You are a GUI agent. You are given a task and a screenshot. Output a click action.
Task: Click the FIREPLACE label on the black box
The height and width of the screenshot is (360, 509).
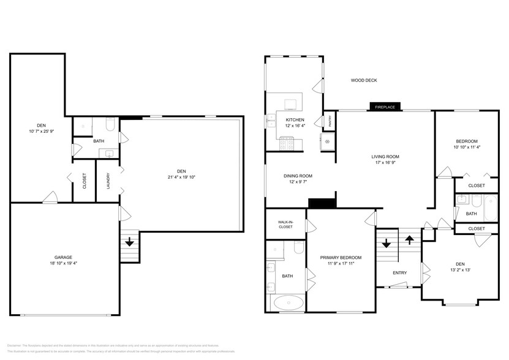[x=385, y=107]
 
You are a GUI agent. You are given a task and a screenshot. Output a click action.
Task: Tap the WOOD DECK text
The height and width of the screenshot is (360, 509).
[x=363, y=80]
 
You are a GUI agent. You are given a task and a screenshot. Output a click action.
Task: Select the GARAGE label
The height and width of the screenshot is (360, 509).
[x=63, y=257]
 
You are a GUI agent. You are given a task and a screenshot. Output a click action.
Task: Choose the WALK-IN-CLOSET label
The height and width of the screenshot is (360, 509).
[x=285, y=225]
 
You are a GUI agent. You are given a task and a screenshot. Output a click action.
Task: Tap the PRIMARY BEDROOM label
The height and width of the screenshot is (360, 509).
[x=341, y=257]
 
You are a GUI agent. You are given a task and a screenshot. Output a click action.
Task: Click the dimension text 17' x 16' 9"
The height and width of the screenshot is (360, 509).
[x=385, y=163]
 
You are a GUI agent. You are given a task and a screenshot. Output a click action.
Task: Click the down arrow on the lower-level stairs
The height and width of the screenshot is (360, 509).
[x=129, y=242]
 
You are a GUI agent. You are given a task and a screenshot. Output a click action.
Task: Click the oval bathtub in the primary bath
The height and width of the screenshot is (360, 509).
[x=287, y=302]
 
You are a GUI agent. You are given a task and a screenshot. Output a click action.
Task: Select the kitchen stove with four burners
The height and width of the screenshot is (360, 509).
[x=287, y=144]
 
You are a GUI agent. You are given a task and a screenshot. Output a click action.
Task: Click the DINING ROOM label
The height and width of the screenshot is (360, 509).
[x=298, y=176]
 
